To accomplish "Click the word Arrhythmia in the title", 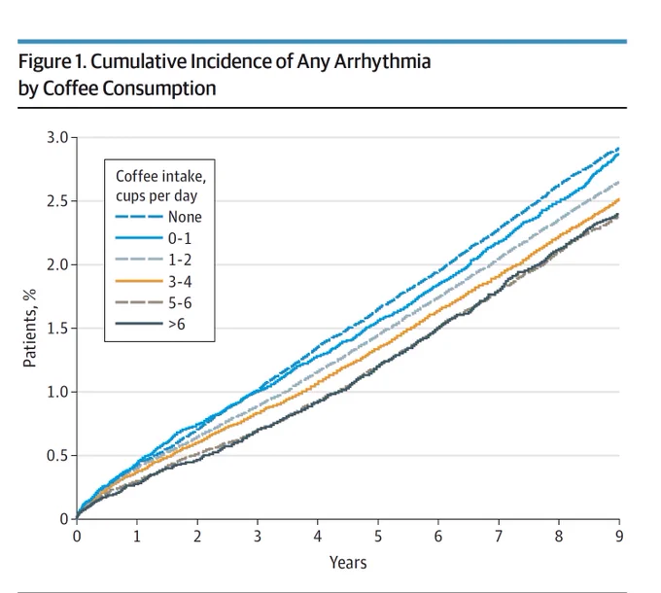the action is click(382, 62).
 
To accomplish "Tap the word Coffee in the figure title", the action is click(70, 88).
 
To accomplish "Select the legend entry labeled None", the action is click(158, 217).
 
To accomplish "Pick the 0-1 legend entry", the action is click(154, 238).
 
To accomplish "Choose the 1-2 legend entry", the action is click(154, 260).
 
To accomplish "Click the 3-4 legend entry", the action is click(154, 281).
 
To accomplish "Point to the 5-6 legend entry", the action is click(154, 302).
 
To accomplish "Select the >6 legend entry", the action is click(151, 324).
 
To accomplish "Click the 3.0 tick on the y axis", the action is click(57, 137).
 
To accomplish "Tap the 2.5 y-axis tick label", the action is click(57, 201).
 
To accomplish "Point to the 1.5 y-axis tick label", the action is click(57, 328).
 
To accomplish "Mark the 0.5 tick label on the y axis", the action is click(57, 456).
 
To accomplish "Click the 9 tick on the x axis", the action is click(619, 536).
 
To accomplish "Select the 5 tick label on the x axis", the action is click(378, 536).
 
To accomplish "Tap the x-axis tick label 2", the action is click(197, 536).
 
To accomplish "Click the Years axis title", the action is click(348, 563).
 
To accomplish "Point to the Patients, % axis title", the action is click(29, 328).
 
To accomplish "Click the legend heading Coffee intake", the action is click(161, 176).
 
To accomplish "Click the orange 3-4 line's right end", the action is click(619, 199).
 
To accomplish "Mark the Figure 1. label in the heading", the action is click(52, 62).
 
